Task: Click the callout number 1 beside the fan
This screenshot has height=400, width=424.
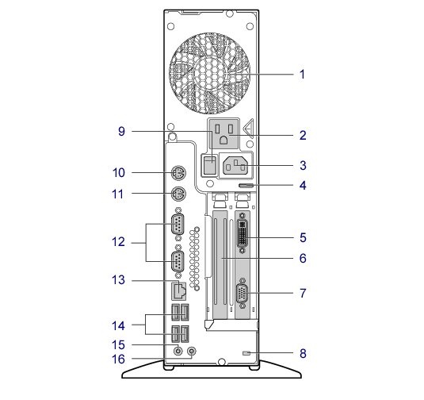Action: [x=302, y=74]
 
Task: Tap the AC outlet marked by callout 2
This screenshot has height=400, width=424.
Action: [x=223, y=134]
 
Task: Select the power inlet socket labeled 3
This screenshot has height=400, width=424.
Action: [x=235, y=166]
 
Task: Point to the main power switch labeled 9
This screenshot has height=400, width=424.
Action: [x=210, y=164]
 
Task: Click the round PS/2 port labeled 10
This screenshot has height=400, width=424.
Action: [x=178, y=172]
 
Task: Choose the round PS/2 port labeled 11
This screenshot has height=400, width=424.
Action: [x=178, y=194]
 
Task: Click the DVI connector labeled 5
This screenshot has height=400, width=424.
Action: [x=243, y=233]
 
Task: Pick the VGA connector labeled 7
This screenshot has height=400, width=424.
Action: [x=243, y=293]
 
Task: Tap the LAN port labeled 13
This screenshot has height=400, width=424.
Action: [x=179, y=291]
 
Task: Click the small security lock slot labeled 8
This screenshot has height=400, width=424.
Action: [x=246, y=353]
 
